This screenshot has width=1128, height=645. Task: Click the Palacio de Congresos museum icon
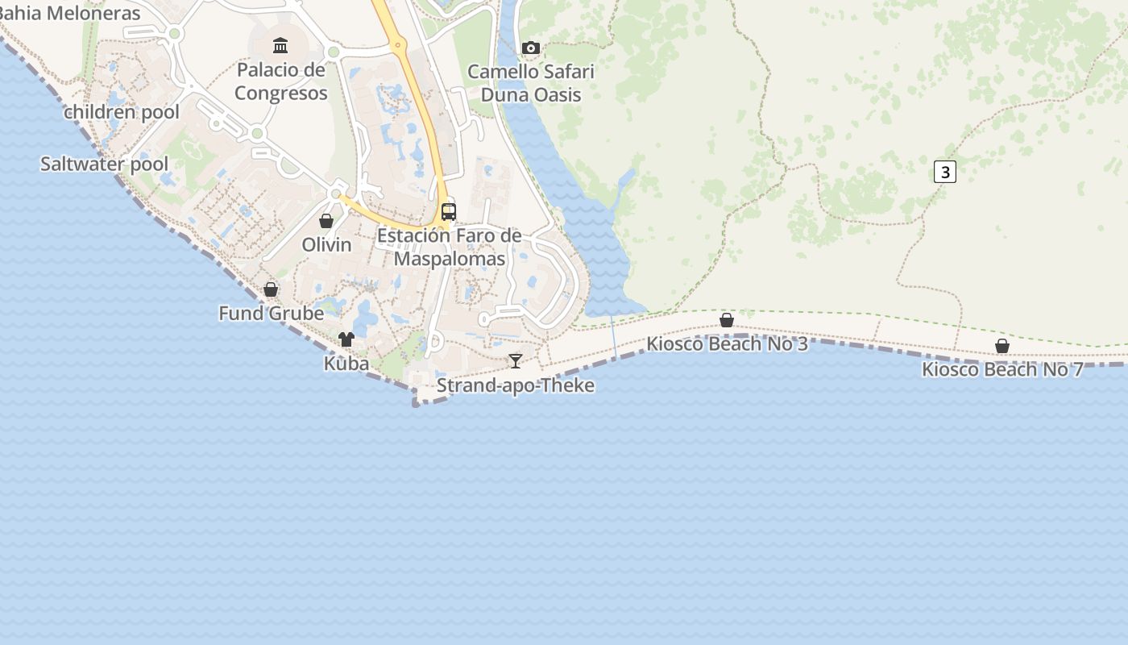point(280,45)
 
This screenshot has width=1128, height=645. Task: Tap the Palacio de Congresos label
point(281,81)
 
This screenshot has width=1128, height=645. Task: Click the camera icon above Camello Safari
point(530,48)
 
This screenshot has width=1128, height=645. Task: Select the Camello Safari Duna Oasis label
point(531,83)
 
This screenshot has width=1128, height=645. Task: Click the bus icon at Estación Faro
point(449,212)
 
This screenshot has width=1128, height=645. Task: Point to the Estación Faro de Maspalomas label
point(450,248)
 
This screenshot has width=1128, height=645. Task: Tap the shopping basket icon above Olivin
point(326,221)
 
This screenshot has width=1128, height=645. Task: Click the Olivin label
point(326,244)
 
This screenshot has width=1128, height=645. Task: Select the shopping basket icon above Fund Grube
point(271,289)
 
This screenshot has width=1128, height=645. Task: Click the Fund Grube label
point(272,313)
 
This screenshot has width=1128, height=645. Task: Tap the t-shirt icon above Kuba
point(346,339)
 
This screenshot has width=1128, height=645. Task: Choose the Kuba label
point(346,364)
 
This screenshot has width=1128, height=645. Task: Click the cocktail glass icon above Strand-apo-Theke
point(516,360)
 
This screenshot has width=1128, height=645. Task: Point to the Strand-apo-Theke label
point(516,385)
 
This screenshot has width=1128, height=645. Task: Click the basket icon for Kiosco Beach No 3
point(727,320)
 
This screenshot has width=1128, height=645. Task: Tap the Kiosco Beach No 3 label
point(727,344)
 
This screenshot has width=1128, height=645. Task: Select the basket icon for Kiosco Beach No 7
point(1002,346)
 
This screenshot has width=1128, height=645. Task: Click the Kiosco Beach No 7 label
point(1002,370)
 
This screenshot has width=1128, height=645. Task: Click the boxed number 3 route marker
point(945,172)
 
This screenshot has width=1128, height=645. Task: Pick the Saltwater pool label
point(105,164)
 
